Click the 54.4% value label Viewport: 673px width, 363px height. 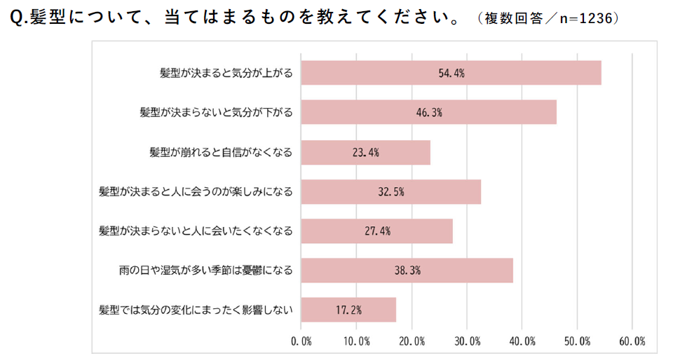(451, 73)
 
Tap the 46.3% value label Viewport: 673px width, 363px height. (428, 112)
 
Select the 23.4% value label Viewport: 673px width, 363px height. (365, 152)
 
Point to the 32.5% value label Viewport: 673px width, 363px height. (390, 191)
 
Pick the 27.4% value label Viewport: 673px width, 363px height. (376, 231)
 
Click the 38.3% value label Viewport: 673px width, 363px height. (407, 270)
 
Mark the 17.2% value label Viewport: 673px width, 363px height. (348, 309)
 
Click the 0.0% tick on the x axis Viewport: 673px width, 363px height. (301, 341)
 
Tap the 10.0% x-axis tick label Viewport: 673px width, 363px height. (356, 341)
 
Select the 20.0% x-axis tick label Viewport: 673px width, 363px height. (412, 341)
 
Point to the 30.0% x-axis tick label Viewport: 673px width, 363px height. (467, 341)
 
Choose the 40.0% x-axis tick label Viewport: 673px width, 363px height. (522, 341)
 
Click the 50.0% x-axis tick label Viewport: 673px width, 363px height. (577, 341)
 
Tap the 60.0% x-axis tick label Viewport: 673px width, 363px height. (632, 341)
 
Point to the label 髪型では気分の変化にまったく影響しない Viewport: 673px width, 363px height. (196, 309)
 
